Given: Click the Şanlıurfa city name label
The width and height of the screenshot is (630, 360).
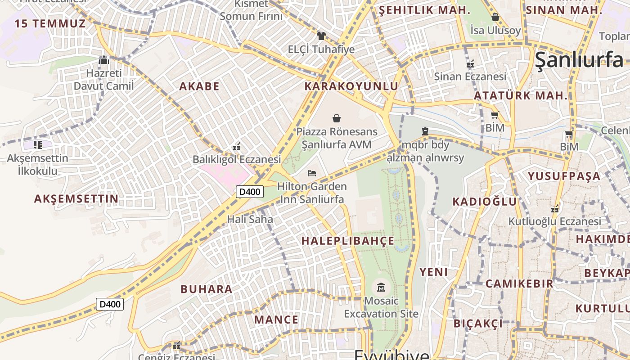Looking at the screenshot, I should click(579, 60).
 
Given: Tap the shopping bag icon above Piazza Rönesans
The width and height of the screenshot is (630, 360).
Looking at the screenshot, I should click(337, 118).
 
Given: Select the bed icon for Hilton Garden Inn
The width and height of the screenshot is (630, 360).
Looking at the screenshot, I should click(312, 173).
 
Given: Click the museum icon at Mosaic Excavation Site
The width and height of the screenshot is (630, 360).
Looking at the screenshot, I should click(381, 287).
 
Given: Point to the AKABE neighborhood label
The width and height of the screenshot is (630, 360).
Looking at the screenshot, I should click(199, 86).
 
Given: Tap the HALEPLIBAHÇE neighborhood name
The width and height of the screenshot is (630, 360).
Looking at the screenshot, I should click(348, 241).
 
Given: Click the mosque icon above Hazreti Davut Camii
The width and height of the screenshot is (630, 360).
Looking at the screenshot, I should click(104, 60).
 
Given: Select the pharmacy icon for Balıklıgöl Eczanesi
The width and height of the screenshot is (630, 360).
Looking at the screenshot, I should click(237, 146).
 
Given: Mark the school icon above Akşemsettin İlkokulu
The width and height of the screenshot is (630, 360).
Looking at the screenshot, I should click(38, 145).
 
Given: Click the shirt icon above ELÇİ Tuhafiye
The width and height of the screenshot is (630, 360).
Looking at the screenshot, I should click(321, 36).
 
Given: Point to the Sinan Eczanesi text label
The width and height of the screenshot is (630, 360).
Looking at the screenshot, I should click(470, 76).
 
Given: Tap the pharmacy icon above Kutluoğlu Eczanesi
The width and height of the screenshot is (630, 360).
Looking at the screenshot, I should click(555, 209).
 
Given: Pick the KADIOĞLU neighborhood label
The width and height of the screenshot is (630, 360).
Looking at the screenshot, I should click(485, 202).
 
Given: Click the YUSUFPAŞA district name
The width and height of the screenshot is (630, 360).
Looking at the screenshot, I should click(564, 176).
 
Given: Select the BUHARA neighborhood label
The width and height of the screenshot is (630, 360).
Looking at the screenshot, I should click(207, 289).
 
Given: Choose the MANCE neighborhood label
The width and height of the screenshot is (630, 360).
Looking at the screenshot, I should click(276, 320).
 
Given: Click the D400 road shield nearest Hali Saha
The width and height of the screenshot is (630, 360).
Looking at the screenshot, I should click(249, 192).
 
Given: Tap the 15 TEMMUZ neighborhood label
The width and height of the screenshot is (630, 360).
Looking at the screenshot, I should click(50, 24).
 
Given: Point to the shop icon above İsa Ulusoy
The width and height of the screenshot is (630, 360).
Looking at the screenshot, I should click(495, 17).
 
